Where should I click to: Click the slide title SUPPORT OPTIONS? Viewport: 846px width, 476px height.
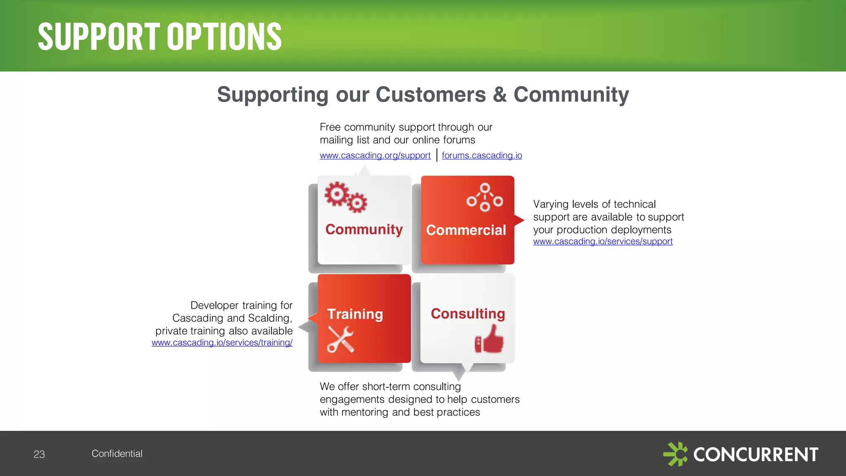[x=159, y=37]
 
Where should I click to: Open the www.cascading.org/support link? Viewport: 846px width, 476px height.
[x=375, y=155]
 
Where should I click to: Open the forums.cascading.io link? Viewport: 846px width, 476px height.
[x=482, y=155]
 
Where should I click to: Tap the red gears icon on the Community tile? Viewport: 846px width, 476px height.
[x=345, y=197]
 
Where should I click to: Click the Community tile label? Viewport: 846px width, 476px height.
[x=364, y=229]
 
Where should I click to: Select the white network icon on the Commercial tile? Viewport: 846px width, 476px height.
[x=485, y=198]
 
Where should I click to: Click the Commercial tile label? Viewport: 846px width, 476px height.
[x=466, y=230]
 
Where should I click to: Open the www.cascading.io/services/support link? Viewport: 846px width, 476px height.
[x=603, y=241]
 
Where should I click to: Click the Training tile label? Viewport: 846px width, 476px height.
[x=355, y=314]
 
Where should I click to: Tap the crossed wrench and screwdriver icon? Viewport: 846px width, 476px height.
[x=340, y=339]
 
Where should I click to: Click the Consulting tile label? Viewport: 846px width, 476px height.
[x=468, y=314]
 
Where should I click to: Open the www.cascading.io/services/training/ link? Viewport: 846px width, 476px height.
[x=222, y=343]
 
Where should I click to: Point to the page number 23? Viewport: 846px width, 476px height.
[x=39, y=455]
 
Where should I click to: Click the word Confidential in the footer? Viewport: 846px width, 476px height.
[x=117, y=454]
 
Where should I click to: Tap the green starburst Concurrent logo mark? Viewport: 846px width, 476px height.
[x=675, y=454]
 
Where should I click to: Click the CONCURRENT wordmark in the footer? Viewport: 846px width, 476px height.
[x=756, y=455]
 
